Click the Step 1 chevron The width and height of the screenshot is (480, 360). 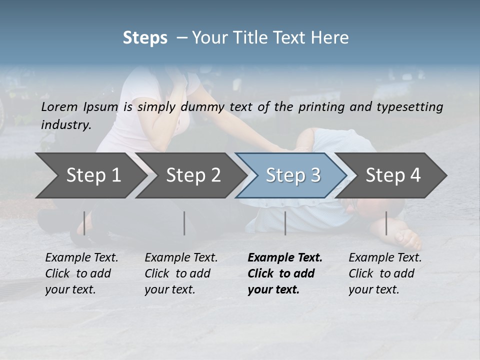tap(93, 175)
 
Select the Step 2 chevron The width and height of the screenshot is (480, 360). tap(193, 175)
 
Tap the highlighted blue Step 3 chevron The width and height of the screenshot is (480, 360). tap(293, 175)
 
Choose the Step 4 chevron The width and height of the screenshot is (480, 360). tap(393, 175)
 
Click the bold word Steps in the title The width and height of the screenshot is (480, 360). tap(145, 37)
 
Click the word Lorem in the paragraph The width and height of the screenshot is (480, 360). tap(59, 106)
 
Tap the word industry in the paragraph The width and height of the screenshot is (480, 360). tap(65, 124)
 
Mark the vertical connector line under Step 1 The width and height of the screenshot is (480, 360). tap(84, 223)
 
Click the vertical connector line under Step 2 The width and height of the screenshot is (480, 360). tap(184, 223)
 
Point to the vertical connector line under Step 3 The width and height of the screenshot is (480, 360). tap(285, 223)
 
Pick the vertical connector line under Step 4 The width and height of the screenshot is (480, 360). tap(386, 223)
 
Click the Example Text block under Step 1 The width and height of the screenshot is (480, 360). tap(81, 273)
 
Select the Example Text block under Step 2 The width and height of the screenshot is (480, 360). tap(181, 273)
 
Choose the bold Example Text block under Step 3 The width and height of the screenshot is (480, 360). tap(285, 273)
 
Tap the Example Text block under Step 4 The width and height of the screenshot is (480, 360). tap(385, 273)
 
